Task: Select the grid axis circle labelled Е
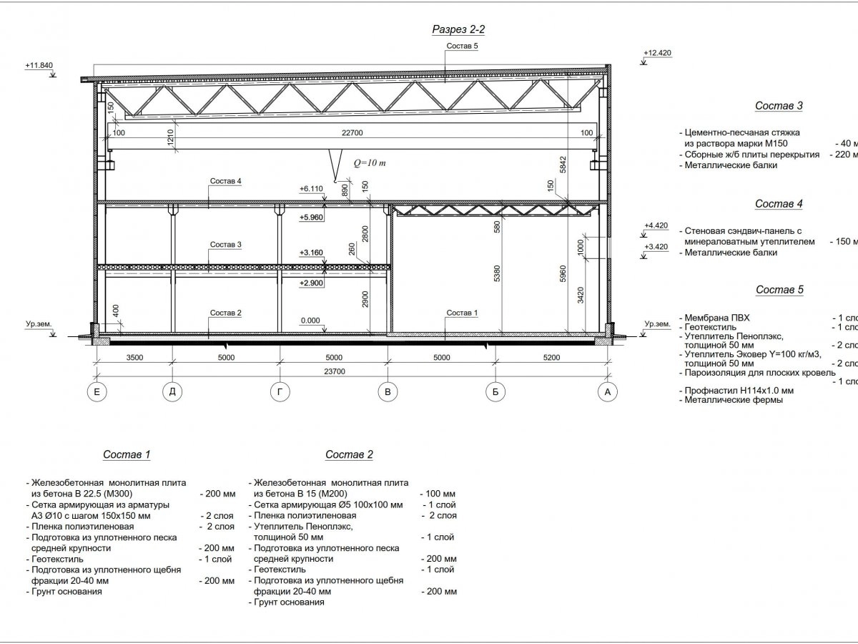(96, 392)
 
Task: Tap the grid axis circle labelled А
(608, 392)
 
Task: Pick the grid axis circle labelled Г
(279, 392)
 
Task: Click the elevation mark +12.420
(657, 53)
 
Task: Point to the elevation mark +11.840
(40, 65)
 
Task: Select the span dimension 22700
(352, 132)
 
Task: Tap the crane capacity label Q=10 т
(370, 163)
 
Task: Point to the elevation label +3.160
(311, 252)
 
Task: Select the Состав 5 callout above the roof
(462, 47)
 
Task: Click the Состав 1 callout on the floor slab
(461, 313)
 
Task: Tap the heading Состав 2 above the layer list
(349, 454)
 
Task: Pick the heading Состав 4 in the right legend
(779, 204)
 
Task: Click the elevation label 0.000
(310, 321)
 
